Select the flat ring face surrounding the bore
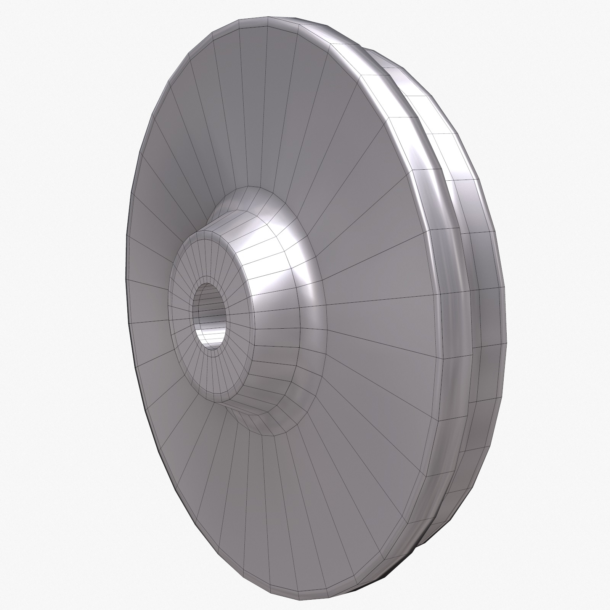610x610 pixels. [183, 324]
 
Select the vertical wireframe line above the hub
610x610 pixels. [267, 114]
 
